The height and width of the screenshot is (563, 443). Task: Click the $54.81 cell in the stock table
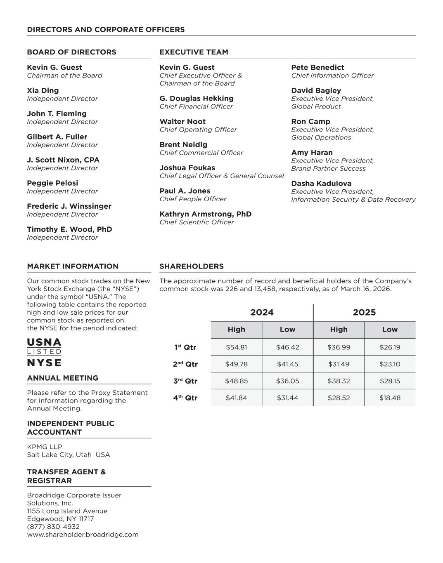236,347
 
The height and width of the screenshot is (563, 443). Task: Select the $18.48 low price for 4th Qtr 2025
390,398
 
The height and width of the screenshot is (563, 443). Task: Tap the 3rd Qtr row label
185,381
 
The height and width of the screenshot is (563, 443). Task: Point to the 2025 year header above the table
364,313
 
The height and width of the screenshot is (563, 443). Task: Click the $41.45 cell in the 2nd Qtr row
287,364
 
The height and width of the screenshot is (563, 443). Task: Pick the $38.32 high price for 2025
339,381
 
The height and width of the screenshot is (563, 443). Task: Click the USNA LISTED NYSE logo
44,353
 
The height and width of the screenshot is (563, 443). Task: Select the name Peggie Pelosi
52,183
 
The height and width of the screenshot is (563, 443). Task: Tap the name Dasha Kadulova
321,184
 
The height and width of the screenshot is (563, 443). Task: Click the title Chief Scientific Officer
197,222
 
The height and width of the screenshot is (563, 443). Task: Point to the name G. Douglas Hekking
197,99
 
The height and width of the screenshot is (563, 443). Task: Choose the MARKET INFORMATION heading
73,266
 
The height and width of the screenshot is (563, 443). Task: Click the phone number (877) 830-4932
53,527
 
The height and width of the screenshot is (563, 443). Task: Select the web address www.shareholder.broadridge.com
83,535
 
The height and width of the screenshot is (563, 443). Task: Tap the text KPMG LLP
45,447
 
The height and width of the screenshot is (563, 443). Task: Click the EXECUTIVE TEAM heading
194,52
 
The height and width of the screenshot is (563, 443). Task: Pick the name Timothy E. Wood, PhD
69,229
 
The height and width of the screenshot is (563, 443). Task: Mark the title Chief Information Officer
332,75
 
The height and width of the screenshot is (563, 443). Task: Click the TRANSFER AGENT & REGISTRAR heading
66,476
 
